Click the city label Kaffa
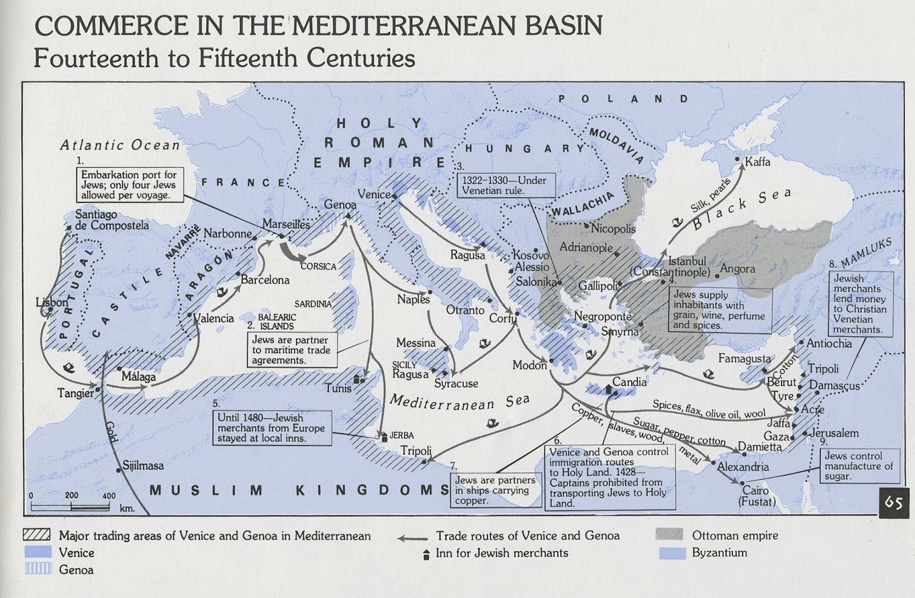click(757, 162)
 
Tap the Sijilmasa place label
click(144, 465)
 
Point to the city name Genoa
click(340, 204)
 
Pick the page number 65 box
click(893, 502)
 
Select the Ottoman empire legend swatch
click(669, 535)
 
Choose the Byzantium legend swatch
click(671, 553)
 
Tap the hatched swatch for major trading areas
click(37, 535)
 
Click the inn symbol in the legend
click(425, 554)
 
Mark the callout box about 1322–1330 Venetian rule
click(506, 185)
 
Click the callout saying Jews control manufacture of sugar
click(858, 466)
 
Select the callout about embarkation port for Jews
click(129, 185)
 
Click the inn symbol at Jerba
click(384, 437)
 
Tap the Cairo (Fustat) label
click(757, 496)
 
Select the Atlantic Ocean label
click(120, 145)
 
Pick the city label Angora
click(738, 268)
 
